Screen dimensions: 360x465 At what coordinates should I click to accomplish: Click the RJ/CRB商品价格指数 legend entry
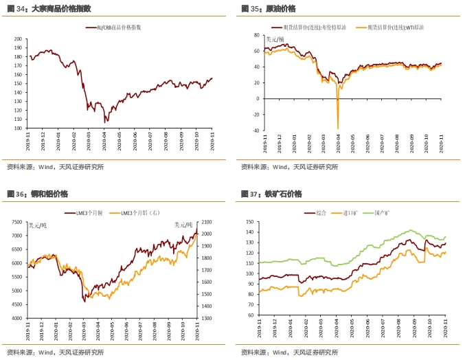117,27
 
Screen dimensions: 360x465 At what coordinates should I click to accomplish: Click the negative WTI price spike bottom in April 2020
338,128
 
